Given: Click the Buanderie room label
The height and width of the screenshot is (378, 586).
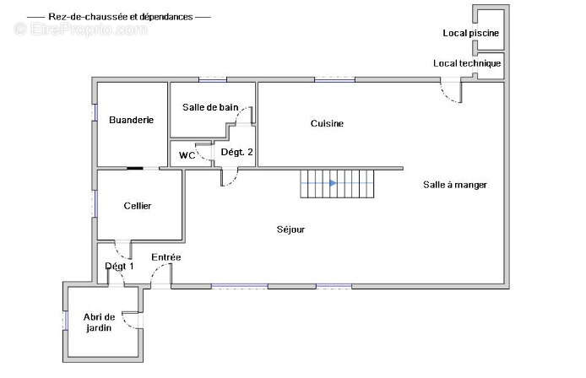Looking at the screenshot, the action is [131, 120].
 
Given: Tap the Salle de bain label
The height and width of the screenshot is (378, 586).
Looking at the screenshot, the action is [210, 107].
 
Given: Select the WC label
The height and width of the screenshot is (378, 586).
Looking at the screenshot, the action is [187, 155].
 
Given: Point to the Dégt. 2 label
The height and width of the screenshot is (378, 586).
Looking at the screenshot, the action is [237, 152].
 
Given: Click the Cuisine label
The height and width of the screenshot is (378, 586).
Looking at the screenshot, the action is [327, 123].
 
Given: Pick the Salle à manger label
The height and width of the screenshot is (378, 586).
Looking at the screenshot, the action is [455, 185].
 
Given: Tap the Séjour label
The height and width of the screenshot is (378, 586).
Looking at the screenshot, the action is [290, 229].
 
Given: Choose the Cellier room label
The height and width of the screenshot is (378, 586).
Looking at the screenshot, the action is [138, 206].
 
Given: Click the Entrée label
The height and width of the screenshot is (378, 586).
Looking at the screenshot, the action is [166, 257].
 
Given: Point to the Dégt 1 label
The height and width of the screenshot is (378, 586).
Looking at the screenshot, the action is [119, 267].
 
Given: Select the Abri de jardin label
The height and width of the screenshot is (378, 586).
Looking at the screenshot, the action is [99, 322].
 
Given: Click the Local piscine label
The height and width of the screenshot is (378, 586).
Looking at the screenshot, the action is [471, 33].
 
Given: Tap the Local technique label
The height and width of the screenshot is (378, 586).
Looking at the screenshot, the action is [467, 63].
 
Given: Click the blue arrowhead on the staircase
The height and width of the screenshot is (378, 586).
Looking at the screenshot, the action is [334, 183].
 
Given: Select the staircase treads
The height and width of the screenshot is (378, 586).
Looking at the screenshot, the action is [337, 183].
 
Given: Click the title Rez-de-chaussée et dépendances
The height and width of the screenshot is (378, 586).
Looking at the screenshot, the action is [121, 17].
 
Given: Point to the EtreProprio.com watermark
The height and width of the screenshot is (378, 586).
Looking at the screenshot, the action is [81, 29].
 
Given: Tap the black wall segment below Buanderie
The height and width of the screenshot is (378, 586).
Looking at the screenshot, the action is [135, 169].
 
